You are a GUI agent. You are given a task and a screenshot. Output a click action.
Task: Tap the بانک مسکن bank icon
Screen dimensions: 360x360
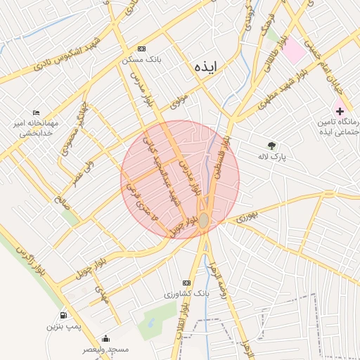(x=142, y=49)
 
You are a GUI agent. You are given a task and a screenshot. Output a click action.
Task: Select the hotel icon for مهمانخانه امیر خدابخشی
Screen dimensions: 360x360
(x=37, y=112)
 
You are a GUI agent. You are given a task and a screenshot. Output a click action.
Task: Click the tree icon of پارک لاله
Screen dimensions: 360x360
(x=271, y=146)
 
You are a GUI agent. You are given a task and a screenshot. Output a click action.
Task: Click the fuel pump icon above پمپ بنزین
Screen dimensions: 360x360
(x=65, y=316)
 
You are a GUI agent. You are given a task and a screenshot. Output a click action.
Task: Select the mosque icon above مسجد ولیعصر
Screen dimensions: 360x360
(x=105, y=338)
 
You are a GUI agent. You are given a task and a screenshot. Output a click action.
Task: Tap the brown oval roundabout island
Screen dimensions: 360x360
(x=203, y=220)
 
